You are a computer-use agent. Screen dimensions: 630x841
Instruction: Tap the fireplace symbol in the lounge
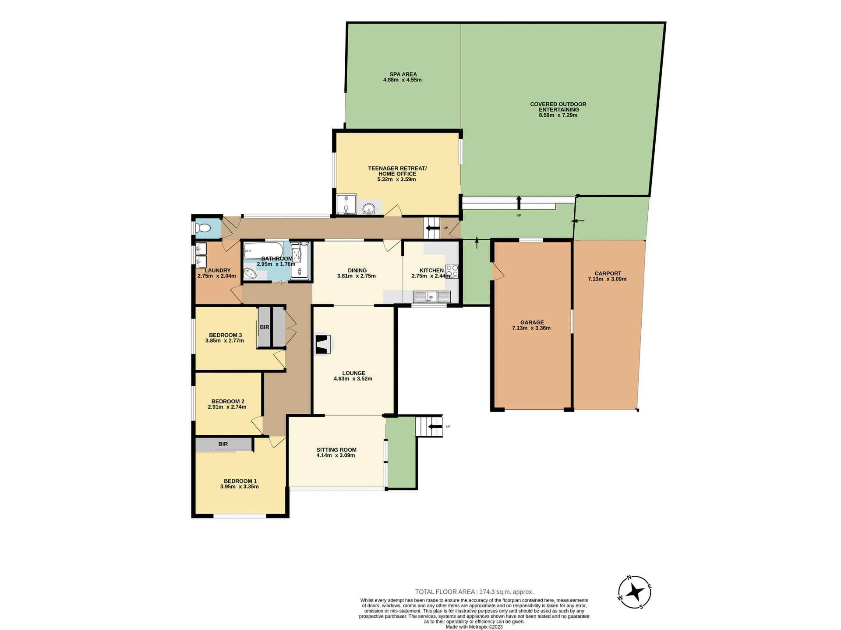pos(323,344)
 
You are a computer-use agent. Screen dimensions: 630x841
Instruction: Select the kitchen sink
pos(431,297)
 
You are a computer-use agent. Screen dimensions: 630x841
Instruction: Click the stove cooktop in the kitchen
pos(452,271)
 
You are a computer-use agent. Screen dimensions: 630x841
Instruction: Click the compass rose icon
pos(634,592)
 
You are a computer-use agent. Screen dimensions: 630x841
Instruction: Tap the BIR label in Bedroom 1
pos(223,444)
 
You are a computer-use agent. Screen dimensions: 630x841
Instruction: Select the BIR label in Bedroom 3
pos(265,327)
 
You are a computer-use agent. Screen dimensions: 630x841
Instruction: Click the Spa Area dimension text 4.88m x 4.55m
pos(402,80)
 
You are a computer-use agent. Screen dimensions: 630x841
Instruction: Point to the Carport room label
pos(608,273)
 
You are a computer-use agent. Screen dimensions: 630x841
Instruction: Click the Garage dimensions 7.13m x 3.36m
pos(531,328)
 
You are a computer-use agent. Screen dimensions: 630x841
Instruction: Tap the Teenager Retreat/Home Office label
pos(397,171)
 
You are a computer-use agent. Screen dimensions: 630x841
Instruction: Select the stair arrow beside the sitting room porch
pos(435,427)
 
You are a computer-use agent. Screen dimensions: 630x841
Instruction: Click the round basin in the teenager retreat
pos(369,209)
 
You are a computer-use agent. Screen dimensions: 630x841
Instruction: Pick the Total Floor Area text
pos(474,592)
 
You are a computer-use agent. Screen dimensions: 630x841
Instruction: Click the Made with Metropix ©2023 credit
pos(474,627)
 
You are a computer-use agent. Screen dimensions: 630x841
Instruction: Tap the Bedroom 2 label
pos(228,401)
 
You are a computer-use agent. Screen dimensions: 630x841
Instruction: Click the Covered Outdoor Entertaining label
pos(558,107)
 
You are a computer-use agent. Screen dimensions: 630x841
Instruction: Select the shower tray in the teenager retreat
pos(346,205)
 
